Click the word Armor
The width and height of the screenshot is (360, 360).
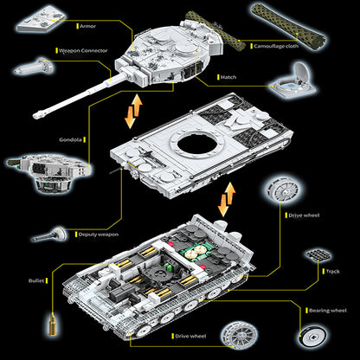87,26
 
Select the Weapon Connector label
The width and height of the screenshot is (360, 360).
83,51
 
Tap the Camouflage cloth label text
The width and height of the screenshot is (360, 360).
276,46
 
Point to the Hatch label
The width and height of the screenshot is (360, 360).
228,77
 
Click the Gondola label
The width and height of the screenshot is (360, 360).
71,140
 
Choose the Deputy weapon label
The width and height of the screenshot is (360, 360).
99,235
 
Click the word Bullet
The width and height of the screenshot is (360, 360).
36,280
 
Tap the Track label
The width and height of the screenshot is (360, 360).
332,272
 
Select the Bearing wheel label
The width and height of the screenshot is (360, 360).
328,311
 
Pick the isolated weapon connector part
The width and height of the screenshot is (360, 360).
34,67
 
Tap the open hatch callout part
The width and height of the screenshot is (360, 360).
293,80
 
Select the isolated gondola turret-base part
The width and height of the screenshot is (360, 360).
49,172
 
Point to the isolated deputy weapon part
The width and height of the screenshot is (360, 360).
49,235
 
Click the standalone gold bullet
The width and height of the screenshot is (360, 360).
53,325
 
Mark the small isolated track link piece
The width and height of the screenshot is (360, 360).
318,254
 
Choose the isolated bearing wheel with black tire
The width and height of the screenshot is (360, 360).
312,337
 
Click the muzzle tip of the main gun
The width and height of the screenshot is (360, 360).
35,116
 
